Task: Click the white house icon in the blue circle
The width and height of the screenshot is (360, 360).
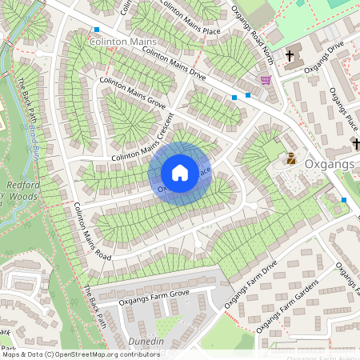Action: pos(180,173)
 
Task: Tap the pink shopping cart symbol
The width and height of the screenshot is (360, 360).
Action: pos(265,80)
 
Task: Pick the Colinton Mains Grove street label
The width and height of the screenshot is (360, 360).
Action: pos(133,93)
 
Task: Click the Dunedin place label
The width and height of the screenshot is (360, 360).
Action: pos(146,342)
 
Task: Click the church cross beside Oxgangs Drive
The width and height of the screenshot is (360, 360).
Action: pos(289,58)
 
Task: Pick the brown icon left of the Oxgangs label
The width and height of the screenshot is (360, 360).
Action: pos(291,158)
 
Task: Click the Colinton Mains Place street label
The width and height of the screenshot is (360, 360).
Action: pos(190,18)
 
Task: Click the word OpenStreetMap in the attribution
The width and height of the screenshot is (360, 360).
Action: pos(85,354)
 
